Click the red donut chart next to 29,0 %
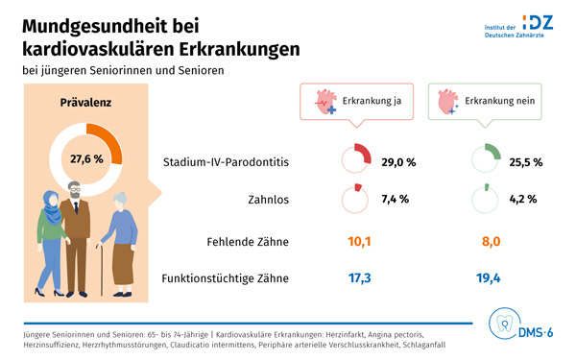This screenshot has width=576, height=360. click(x=356, y=159)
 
